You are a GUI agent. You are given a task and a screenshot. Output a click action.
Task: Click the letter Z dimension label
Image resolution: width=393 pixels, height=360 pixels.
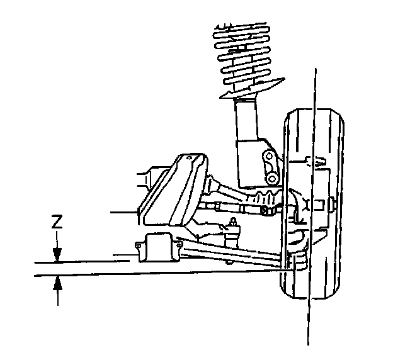(57, 222)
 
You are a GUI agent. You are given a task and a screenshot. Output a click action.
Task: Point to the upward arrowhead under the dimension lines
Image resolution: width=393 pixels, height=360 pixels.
(57, 283)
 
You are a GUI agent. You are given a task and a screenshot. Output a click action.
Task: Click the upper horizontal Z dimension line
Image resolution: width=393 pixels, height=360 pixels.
(82, 261)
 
